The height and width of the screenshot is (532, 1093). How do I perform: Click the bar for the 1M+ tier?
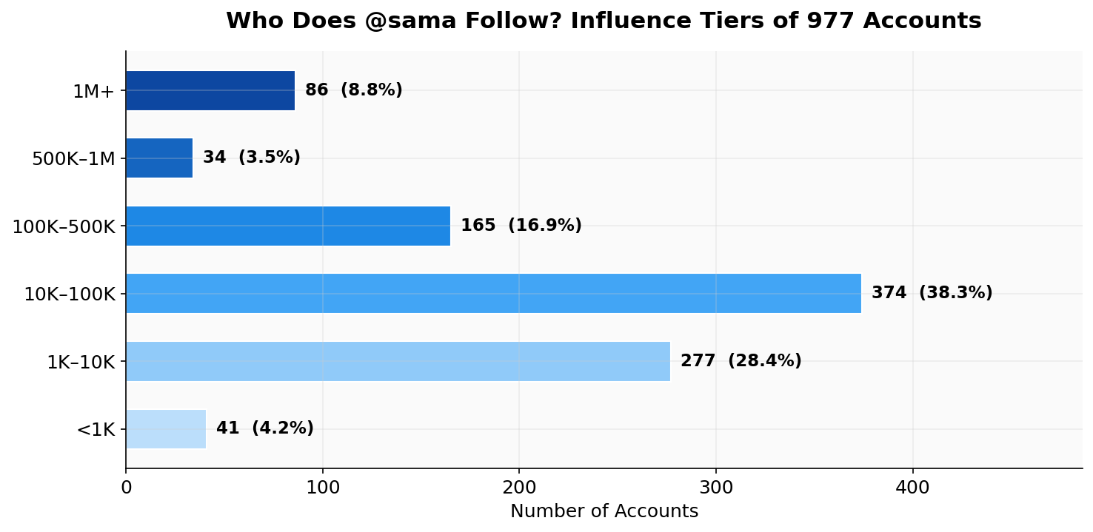click(x=210, y=90)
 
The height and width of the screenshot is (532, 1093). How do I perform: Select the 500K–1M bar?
click(x=159, y=158)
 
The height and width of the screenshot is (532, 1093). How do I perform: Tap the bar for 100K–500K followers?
click(x=288, y=226)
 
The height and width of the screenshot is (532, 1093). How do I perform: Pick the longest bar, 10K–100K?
click(x=493, y=293)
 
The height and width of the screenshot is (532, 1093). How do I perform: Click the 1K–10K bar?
click(x=398, y=361)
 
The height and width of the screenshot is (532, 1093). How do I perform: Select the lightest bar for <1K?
click(x=166, y=429)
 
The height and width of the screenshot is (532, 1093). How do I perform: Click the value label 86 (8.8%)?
click(x=353, y=90)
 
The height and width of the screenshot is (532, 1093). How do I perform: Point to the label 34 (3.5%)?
click(x=251, y=158)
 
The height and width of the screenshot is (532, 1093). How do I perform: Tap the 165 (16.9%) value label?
click(x=521, y=226)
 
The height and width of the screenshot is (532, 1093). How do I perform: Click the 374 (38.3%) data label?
click(x=932, y=293)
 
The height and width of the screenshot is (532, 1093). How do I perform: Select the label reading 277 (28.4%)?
click(x=741, y=361)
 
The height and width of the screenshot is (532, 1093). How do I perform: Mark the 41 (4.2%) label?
click(x=264, y=428)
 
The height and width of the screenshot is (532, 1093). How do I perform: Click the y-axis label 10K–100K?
click(x=70, y=294)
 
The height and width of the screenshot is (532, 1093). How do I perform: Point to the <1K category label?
click(x=96, y=430)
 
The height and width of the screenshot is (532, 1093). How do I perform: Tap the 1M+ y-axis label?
click(x=93, y=92)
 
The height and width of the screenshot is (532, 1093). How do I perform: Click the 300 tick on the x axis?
click(x=715, y=488)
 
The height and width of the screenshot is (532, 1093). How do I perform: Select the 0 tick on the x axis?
click(x=126, y=488)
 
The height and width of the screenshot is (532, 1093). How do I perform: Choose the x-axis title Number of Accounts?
click(x=604, y=511)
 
